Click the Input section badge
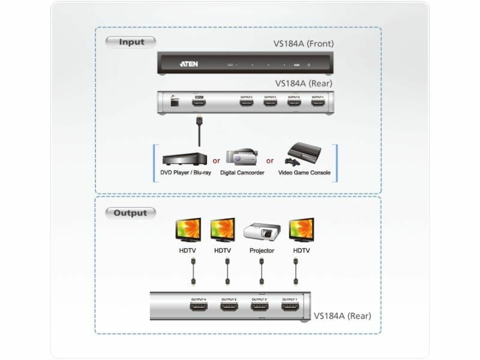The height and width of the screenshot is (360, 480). [x=130, y=42]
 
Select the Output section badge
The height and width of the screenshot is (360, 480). [x=130, y=213]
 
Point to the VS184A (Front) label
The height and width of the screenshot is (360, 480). [x=304, y=43]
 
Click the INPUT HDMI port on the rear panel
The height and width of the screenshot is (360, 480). [x=199, y=103]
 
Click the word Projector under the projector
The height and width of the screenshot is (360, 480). [x=262, y=251]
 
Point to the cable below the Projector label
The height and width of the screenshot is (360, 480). [x=262, y=272]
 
